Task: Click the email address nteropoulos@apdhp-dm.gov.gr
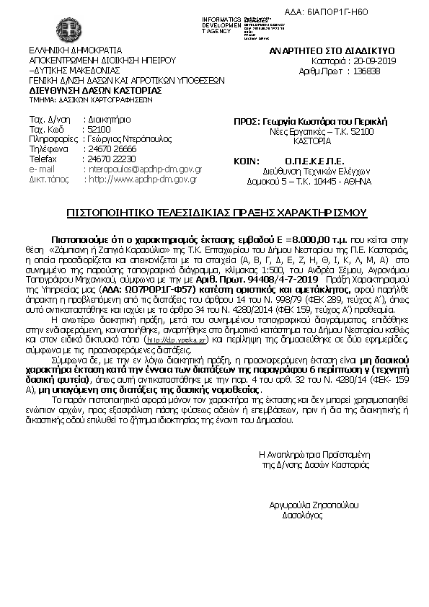point(142,169)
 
